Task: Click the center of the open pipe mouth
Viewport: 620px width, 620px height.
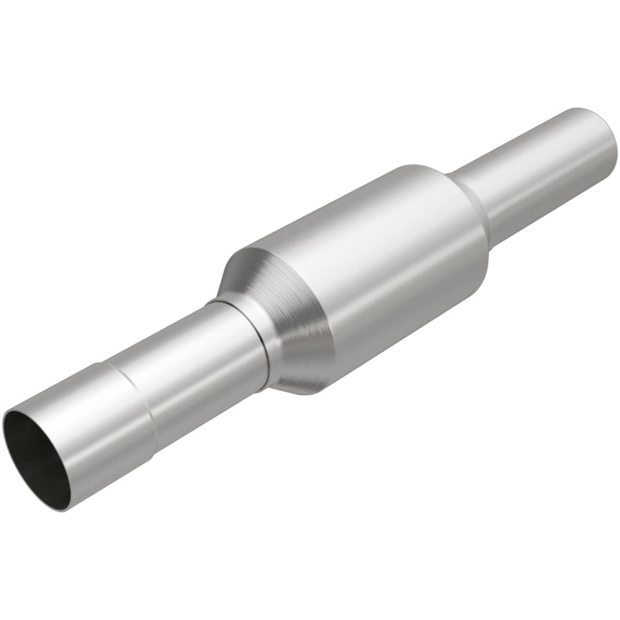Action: pos(39,458)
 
